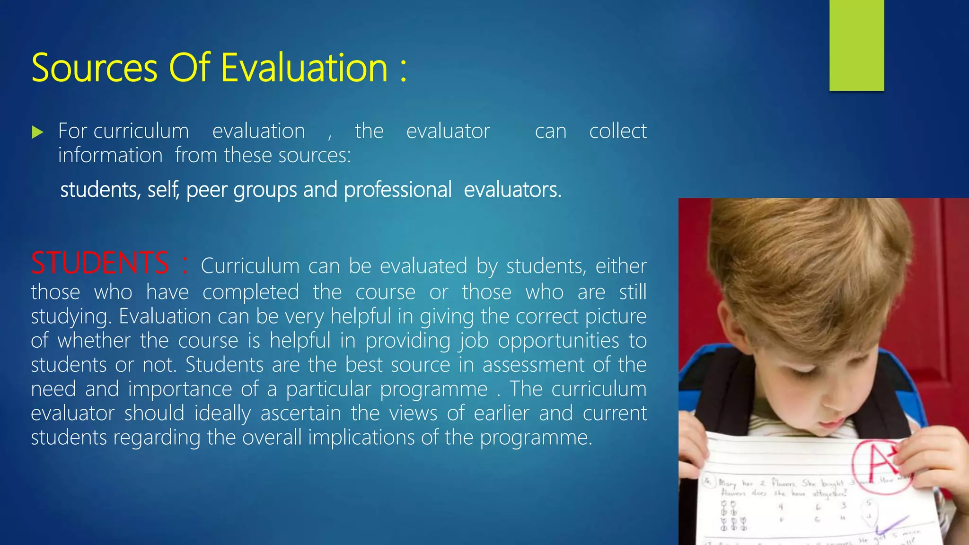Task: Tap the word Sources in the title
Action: tap(94, 68)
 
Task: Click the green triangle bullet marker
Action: tap(37, 132)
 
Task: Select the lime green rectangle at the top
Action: tap(856, 45)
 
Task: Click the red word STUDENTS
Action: tap(100, 263)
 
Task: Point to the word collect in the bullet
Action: tap(617, 131)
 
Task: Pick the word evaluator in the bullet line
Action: tap(448, 131)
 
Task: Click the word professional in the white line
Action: tap(397, 190)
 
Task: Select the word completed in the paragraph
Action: tap(251, 292)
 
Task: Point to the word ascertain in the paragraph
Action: tap(301, 413)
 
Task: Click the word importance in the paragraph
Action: tap(180, 389)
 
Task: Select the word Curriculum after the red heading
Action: tap(250, 266)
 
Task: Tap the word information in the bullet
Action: tap(110, 156)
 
